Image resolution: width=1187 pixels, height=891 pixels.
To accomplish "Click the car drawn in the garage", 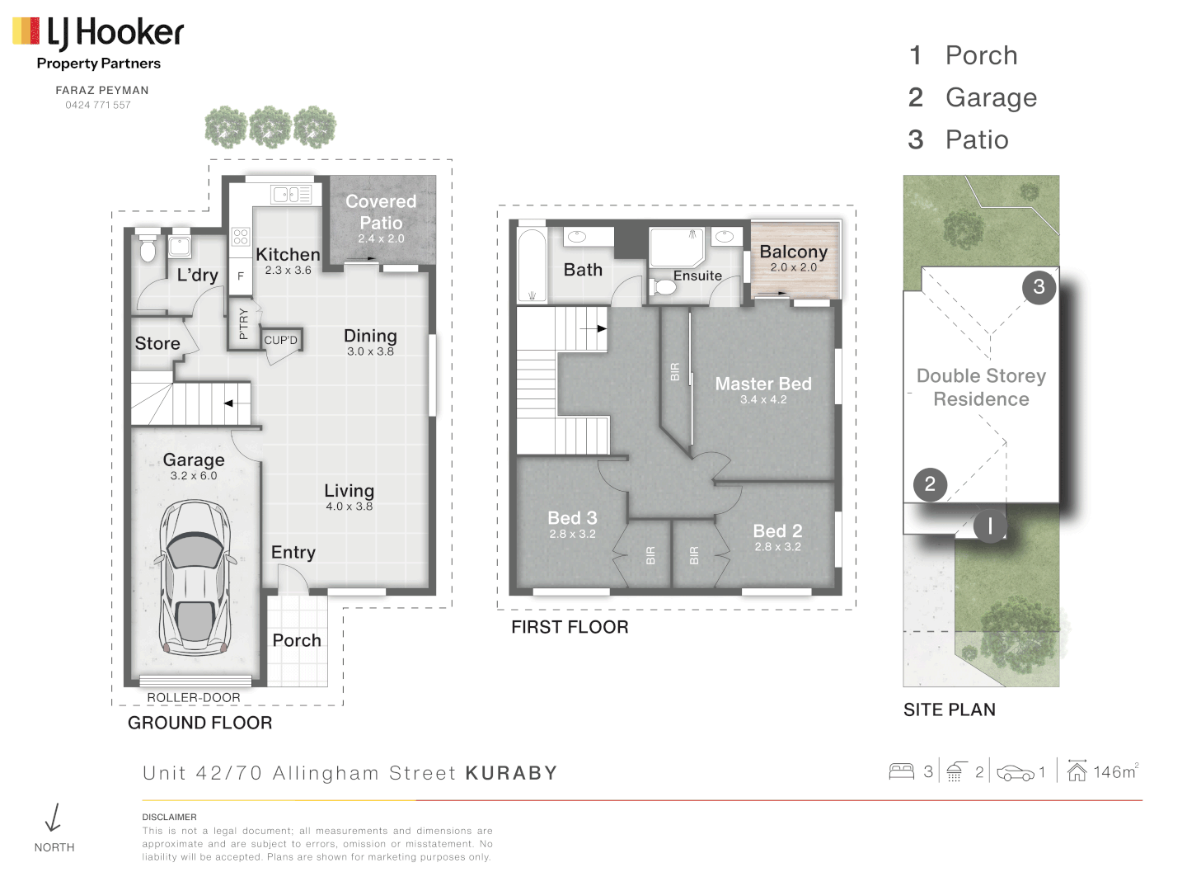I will (x=195, y=577).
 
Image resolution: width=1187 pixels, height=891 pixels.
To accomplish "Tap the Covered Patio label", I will (x=381, y=213).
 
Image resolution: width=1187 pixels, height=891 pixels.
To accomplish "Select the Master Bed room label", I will (x=763, y=384).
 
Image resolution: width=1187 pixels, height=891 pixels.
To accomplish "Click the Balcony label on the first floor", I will (x=793, y=252).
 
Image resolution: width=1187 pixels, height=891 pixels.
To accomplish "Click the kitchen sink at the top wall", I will (x=290, y=195).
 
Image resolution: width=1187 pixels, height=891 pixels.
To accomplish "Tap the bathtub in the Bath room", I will (x=532, y=266).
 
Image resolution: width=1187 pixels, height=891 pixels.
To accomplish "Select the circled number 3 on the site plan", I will (x=1039, y=287).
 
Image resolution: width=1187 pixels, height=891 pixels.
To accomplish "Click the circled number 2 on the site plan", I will (x=930, y=484).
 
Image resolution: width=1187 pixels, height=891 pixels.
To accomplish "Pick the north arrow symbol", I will (x=54, y=818).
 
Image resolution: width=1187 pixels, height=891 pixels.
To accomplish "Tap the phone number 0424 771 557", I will (x=98, y=106).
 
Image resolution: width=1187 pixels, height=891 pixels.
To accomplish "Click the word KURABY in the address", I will (x=511, y=773).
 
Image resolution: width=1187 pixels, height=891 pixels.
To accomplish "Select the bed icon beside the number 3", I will (x=901, y=772).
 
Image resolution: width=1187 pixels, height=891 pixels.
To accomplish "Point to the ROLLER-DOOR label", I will (x=194, y=698).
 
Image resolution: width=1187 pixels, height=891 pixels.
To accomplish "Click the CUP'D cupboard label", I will (x=280, y=341).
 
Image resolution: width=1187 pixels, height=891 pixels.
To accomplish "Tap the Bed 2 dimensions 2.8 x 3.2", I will (x=777, y=547).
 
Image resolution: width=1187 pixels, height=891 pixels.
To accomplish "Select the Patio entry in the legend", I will (x=976, y=140).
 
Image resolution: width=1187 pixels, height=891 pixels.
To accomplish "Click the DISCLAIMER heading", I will (x=169, y=817).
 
